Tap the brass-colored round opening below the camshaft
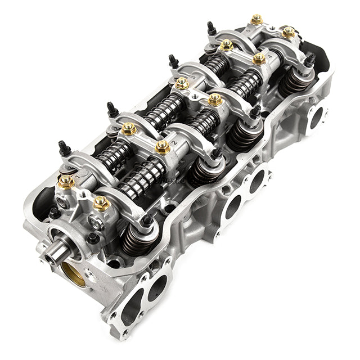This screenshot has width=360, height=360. pyautogui.click(x=74, y=274)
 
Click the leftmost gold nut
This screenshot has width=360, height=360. pyautogui.click(x=66, y=182)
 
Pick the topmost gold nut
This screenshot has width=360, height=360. pyautogui.click(x=256, y=20)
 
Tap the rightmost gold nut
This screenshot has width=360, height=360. pyautogui.click(x=288, y=32)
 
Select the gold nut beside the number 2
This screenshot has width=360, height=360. pyautogui.click(x=163, y=147)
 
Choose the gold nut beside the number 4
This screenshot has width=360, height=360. pyautogui.click(x=259, y=58)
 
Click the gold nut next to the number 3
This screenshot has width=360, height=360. pyautogui.click(x=215, y=100)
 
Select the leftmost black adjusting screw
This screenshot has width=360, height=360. pyautogui.click(x=64, y=148)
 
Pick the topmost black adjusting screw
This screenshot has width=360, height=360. pyautogui.click(x=211, y=28)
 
